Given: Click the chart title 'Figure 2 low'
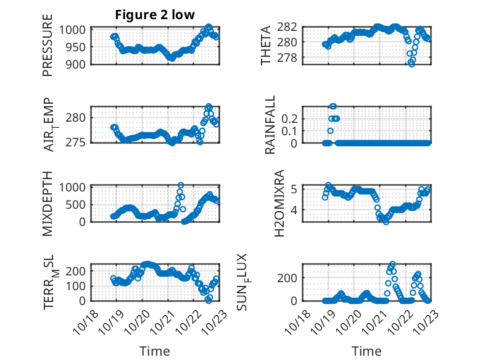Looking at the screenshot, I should tap(151, 15).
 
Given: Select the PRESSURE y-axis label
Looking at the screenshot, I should tap(48, 49).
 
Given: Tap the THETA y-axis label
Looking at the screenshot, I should tap(266, 46).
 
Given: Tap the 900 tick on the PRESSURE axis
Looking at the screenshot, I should tap(80, 64).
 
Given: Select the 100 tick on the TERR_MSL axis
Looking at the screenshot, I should tap(80, 286).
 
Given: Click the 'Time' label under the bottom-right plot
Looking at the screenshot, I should tap(366, 351).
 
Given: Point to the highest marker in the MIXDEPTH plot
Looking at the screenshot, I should tap(181, 185).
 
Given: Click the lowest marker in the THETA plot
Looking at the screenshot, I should tap(412, 64).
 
